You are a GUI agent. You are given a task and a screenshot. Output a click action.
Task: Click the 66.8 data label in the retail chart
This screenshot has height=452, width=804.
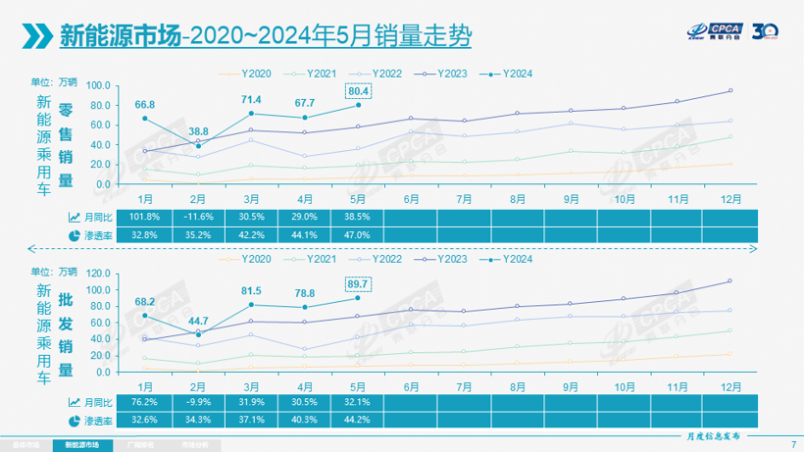[x=145, y=104]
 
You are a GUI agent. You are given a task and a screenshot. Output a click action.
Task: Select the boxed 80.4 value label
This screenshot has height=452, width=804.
[x=357, y=91]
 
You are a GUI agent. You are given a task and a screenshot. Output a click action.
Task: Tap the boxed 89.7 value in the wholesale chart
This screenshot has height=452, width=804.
[x=357, y=283]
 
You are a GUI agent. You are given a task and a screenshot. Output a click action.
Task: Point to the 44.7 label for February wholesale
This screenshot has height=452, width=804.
[x=198, y=322]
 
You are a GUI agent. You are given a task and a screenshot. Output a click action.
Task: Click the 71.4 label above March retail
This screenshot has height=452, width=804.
[x=251, y=100]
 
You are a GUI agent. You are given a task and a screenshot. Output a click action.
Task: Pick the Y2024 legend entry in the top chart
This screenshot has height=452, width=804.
[x=513, y=73]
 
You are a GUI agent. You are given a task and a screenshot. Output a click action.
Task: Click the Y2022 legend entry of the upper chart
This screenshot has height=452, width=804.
[x=381, y=73]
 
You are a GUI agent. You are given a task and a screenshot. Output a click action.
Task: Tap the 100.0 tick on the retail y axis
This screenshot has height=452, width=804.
[x=98, y=85]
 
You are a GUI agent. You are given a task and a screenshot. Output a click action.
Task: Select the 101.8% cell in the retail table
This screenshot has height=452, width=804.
[x=145, y=217]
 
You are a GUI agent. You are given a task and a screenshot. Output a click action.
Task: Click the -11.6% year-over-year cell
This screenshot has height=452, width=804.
[x=198, y=217]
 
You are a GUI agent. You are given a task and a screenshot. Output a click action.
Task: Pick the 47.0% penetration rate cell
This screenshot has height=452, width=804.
[x=357, y=235]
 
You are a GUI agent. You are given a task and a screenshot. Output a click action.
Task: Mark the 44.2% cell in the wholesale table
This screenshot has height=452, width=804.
[x=357, y=420]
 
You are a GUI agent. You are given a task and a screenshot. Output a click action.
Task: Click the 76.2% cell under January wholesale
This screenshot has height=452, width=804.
[x=145, y=402]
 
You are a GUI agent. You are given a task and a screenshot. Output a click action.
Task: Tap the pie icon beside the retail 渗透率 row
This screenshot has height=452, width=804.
[x=75, y=235]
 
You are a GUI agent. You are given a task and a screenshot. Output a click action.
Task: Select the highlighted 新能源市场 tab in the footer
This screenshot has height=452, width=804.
[x=82, y=444]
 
